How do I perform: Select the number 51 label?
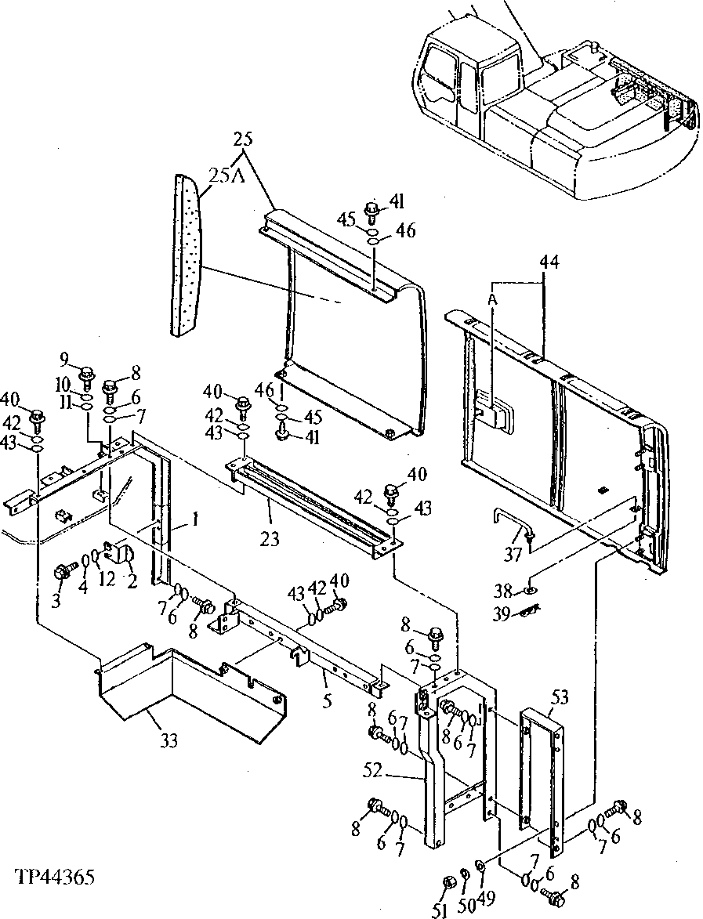[x=440, y=910]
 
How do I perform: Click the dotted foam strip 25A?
[x=185, y=255]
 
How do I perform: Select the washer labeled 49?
[x=480, y=866]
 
